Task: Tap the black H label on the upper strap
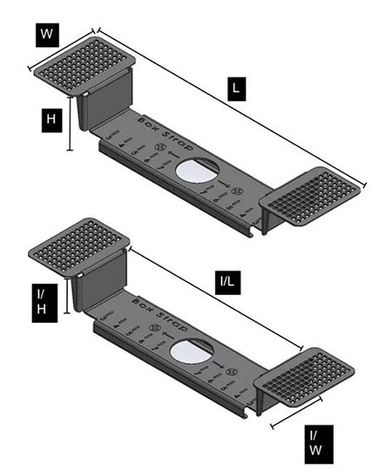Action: [51, 119]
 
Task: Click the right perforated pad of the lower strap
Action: [304, 375]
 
